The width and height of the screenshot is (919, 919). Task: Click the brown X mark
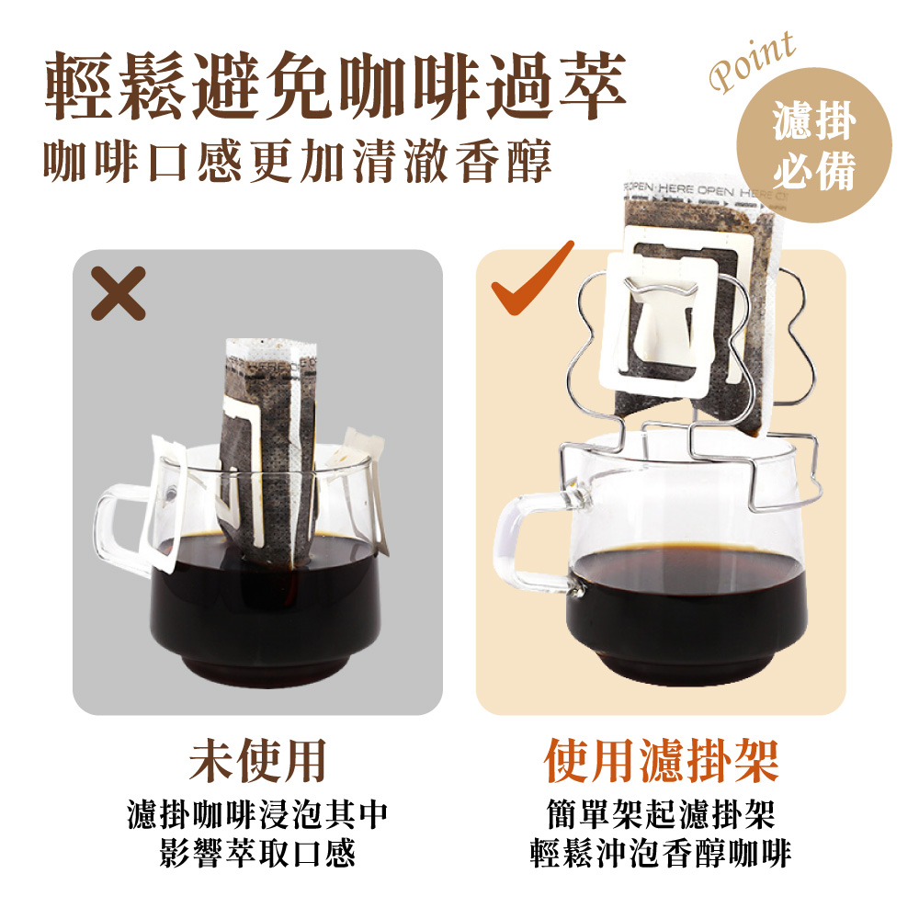point(119,293)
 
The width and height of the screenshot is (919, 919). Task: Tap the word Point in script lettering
point(753,62)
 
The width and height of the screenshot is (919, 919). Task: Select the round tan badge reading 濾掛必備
point(814,145)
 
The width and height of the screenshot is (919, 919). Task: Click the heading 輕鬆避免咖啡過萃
point(335,85)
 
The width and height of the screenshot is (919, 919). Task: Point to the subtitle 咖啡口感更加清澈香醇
point(298,160)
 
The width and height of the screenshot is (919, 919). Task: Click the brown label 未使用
point(257,760)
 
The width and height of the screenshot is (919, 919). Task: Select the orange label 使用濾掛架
point(661,760)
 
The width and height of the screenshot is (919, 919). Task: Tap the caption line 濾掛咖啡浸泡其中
point(257,814)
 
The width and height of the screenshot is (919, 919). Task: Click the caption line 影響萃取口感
point(257,854)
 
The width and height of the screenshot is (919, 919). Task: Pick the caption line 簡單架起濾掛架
point(661,814)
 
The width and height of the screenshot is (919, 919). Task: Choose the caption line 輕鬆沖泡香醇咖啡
point(661,854)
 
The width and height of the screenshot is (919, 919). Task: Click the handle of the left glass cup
point(111,528)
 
